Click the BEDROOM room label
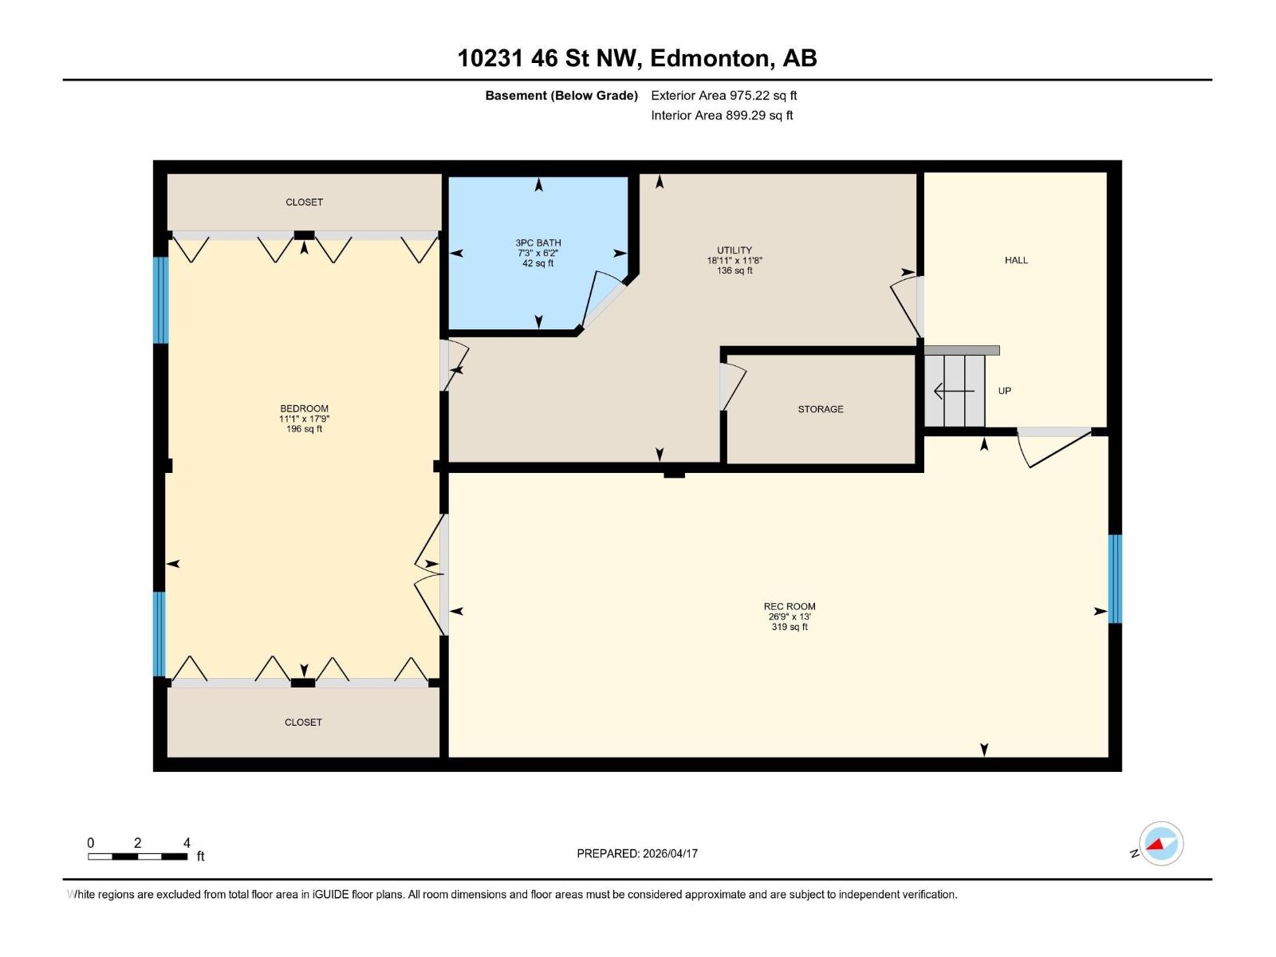[x=304, y=408]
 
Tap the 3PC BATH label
[x=538, y=243]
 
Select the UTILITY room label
[x=734, y=250]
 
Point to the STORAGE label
[x=821, y=409]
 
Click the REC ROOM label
[x=790, y=606]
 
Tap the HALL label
[x=1016, y=260]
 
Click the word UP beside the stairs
[x=1005, y=391]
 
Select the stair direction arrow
[x=954, y=391]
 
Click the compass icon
[x=1161, y=844]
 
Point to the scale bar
[x=138, y=857]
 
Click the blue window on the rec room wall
[x=1114, y=579]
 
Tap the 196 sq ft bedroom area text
[x=304, y=429]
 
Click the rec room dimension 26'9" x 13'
[x=790, y=616]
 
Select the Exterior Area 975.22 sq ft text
[x=724, y=95]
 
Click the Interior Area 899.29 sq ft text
[x=722, y=115]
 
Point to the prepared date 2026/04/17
[x=670, y=853]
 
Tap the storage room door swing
[x=732, y=387]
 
